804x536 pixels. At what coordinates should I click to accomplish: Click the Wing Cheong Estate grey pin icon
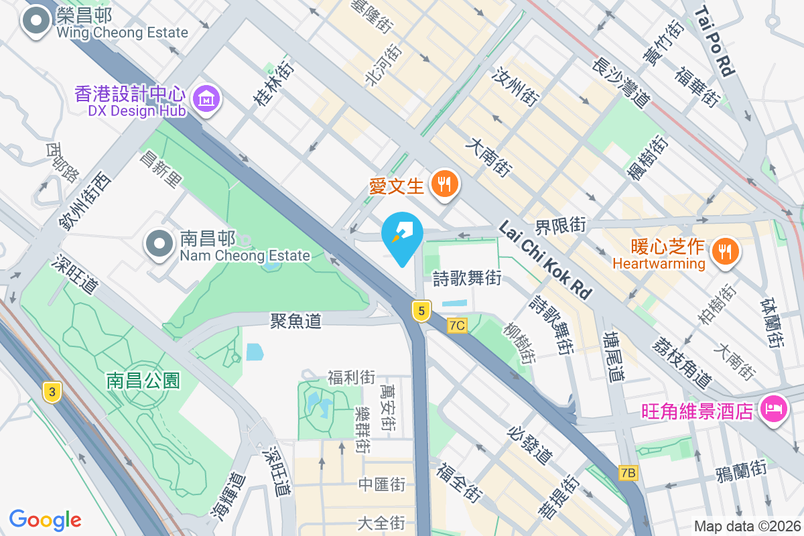pyautogui.click(x=36, y=21)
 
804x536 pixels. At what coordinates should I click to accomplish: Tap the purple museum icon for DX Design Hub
pyautogui.click(x=207, y=99)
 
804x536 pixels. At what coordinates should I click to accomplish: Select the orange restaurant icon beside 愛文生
pyautogui.click(x=444, y=183)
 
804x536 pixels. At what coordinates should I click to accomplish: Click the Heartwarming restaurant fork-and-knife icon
pyautogui.click(x=724, y=251)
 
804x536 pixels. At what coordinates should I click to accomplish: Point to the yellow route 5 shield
pyautogui.click(x=420, y=311)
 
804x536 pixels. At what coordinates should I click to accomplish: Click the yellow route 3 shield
pyautogui.click(x=51, y=392)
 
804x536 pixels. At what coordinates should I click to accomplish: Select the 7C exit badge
pyautogui.click(x=457, y=326)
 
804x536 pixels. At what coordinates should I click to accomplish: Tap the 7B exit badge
pyautogui.click(x=628, y=473)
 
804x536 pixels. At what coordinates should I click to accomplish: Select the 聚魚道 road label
pyautogui.click(x=296, y=321)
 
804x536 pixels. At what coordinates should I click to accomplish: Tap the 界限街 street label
pyautogui.click(x=559, y=224)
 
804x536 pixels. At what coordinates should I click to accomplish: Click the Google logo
pyautogui.click(x=46, y=519)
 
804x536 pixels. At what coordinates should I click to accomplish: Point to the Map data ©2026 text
pyautogui.click(x=747, y=527)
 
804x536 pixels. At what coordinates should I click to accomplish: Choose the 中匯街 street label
pyautogui.click(x=381, y=484)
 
